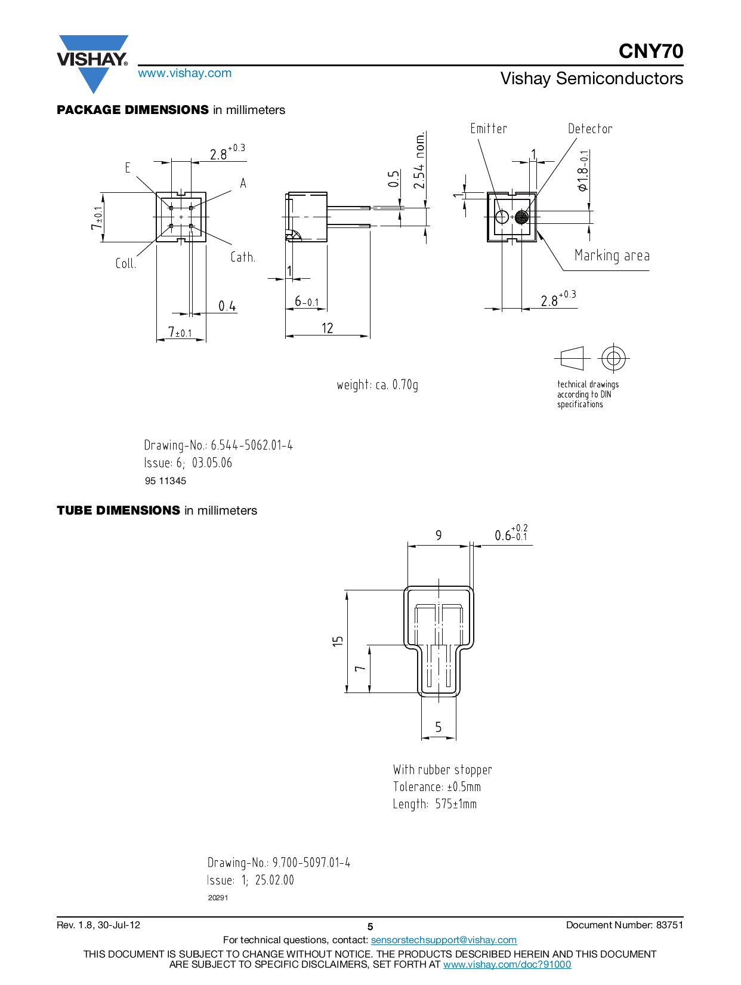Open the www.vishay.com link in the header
click(185, 73)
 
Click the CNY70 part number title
click(650, 51)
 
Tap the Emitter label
click(488, 129)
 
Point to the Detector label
click(590, 129)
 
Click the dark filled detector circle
click(521, 217)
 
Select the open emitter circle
click(502, 217)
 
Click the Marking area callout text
click(612, 256)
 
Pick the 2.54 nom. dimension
click(419, 160)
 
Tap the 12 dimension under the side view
click(327, 328)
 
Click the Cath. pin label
click(242, 257)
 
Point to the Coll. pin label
click(125, 263)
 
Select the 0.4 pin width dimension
click(227, 306)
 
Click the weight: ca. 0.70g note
click(378, 385)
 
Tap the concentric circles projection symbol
click(613, 359)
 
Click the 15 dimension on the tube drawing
click(338, 641)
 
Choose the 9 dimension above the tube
click(439, 535)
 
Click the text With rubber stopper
click(443, 769)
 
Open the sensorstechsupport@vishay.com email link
click(443, 940)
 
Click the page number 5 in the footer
click(370, 926)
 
